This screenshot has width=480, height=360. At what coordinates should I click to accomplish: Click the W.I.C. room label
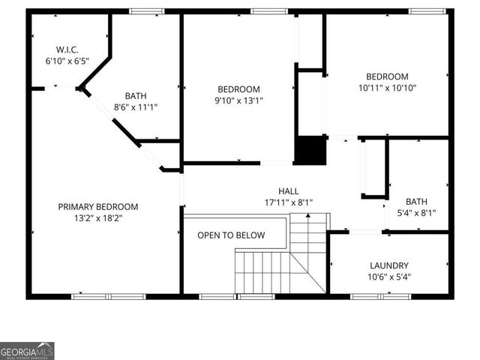(x=67, y=49)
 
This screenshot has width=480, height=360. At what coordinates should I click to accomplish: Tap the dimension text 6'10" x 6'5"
(x=67, y=61)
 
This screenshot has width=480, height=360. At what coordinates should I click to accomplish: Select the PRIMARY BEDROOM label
(x=98, y=206)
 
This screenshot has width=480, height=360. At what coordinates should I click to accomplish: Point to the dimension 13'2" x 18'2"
(x=98, y=218)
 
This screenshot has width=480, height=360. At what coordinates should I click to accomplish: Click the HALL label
(x=288, y=190)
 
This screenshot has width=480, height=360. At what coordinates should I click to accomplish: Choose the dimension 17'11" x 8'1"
(x=288, y=202)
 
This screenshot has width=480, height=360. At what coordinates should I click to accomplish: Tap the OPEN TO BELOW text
(x=231, y=235)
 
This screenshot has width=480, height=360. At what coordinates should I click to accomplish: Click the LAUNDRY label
(x=389, y=265)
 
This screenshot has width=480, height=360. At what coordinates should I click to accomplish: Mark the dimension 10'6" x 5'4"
(x=389, y=277)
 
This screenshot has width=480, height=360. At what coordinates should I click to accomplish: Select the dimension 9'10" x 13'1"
(x=238, y=100)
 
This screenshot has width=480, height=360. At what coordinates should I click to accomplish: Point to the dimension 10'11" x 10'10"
(x=387, y=88)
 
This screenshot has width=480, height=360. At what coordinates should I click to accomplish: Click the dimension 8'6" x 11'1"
(x=136, y=107)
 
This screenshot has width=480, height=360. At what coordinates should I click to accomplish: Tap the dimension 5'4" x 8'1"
(x=416, y=213)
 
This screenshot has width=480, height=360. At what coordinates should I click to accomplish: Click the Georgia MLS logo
(x=27, y=351)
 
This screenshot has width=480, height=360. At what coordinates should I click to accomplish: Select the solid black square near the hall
(x=310, y=150)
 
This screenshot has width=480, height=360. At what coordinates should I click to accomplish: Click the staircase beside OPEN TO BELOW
(x=281, y=262)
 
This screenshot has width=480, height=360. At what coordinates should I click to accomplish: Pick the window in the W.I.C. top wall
(x=147, y=11)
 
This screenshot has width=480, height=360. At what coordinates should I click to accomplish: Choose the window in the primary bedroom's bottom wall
(x=108, y=296)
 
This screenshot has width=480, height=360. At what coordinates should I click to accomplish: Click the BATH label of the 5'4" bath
(x=416, y=201)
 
